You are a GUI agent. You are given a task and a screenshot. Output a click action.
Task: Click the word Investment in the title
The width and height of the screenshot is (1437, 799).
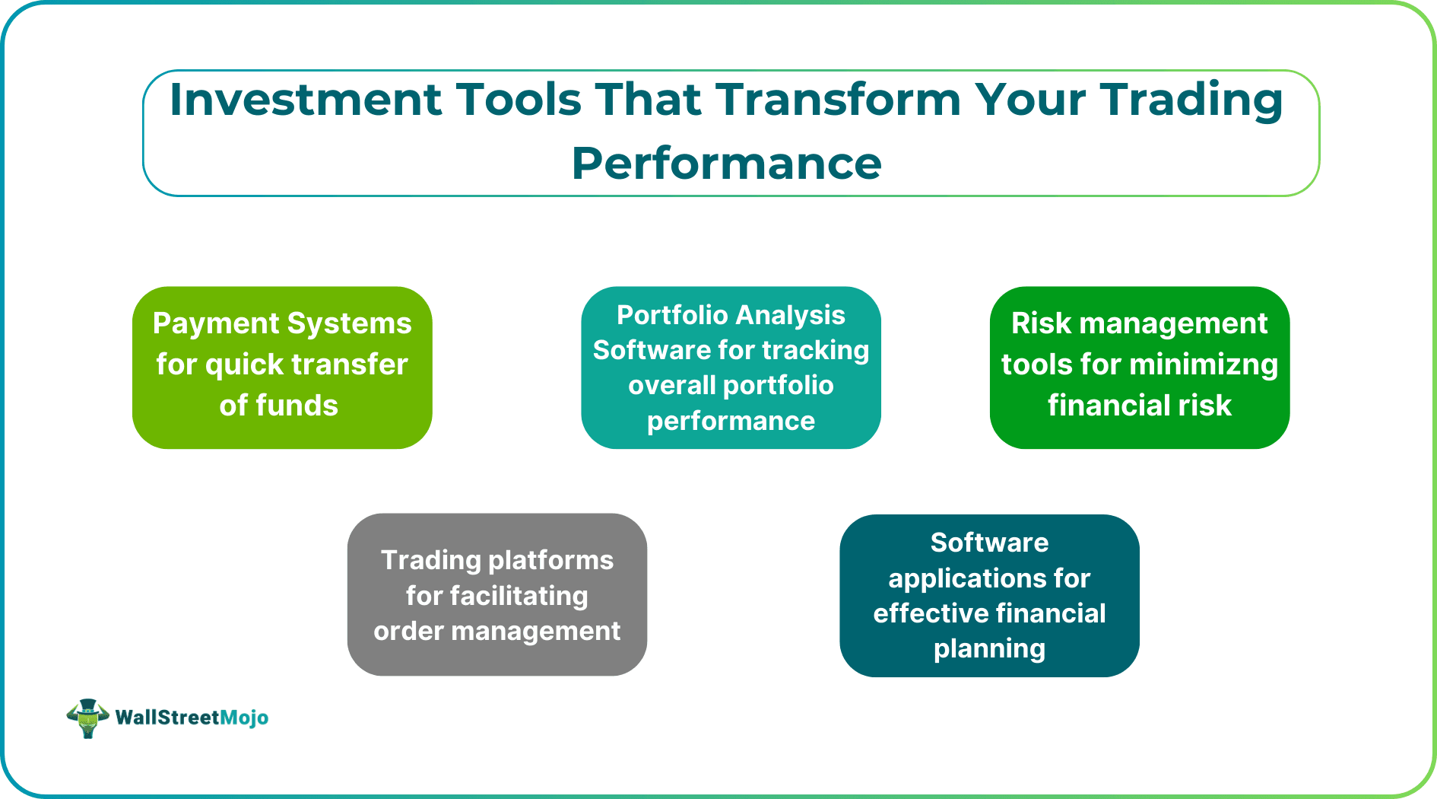tap(305, 100)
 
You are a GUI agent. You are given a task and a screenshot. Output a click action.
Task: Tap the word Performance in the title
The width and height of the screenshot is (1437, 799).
tap(726, 164)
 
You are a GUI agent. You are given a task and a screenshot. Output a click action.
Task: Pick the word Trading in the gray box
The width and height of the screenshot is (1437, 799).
tap(432, 560)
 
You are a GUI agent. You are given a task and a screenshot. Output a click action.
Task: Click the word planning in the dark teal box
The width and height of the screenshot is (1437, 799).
tap(989, 649)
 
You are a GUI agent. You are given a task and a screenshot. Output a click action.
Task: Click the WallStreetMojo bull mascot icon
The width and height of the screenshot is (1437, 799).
tap(87, 718)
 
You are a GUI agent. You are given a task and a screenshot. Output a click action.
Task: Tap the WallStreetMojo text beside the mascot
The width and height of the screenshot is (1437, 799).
tap(192, 718)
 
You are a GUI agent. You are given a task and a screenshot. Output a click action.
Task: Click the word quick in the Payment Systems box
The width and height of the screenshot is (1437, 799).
tap(244, 365)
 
